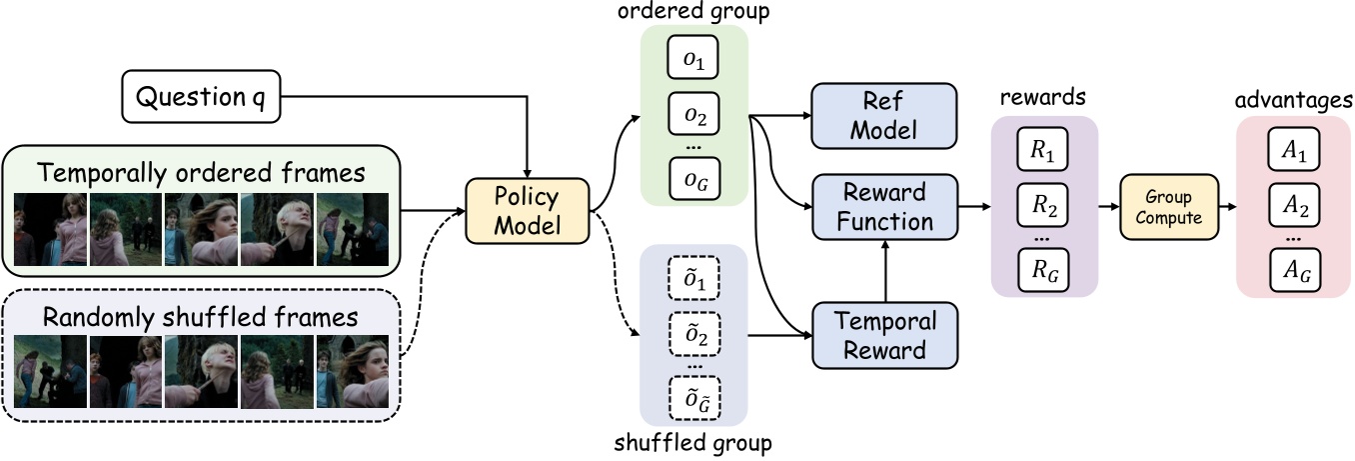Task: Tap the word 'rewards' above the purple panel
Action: click(x=1044, y=100)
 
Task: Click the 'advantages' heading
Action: click(x=1293, y=100)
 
